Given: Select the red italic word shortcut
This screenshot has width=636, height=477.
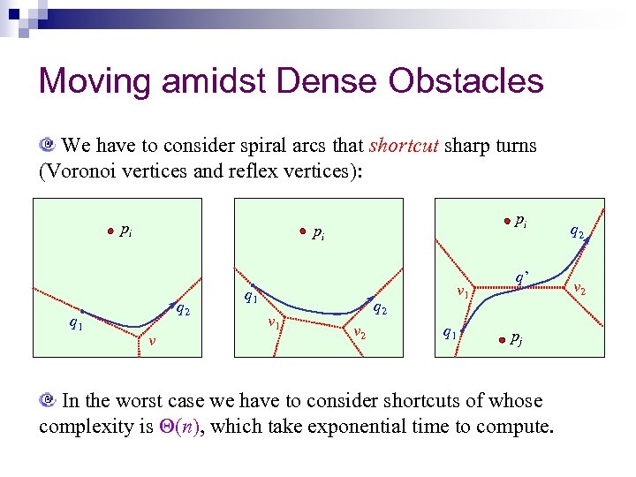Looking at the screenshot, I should coord(404,145).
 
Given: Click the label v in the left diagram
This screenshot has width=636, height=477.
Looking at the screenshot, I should coord(152,343).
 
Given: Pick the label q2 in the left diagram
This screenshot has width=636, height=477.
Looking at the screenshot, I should coord(183,309).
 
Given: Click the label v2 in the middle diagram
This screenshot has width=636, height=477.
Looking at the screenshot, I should coord(360,332).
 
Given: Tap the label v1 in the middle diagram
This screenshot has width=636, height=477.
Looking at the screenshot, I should coord(275,325).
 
